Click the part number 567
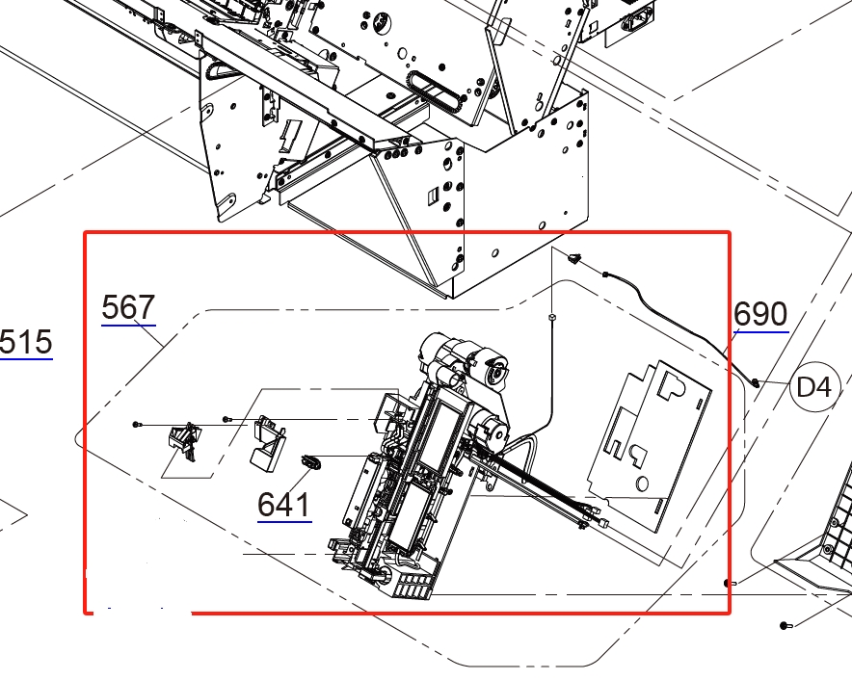(128, 307)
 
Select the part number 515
(25, 342)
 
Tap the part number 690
(760, 314)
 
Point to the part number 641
(284, 505)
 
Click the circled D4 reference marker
(813, 387)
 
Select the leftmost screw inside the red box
(137, 424)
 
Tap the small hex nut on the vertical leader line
(552, 316)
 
